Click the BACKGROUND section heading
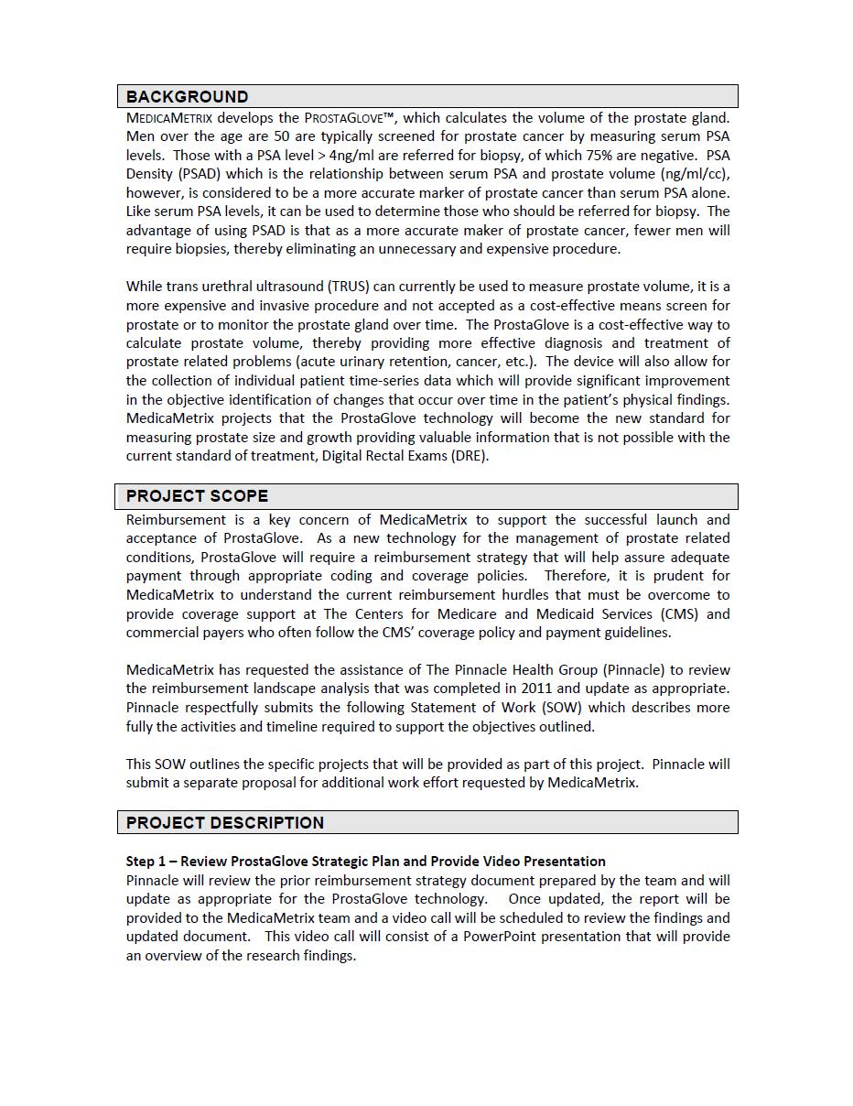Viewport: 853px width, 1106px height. [x=187, y=96]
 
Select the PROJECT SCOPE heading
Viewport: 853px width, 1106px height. [x=197, y=496]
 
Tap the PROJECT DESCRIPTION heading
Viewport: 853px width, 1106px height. [x=224, y=822]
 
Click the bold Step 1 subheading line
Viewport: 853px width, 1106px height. [x=365, y=861]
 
